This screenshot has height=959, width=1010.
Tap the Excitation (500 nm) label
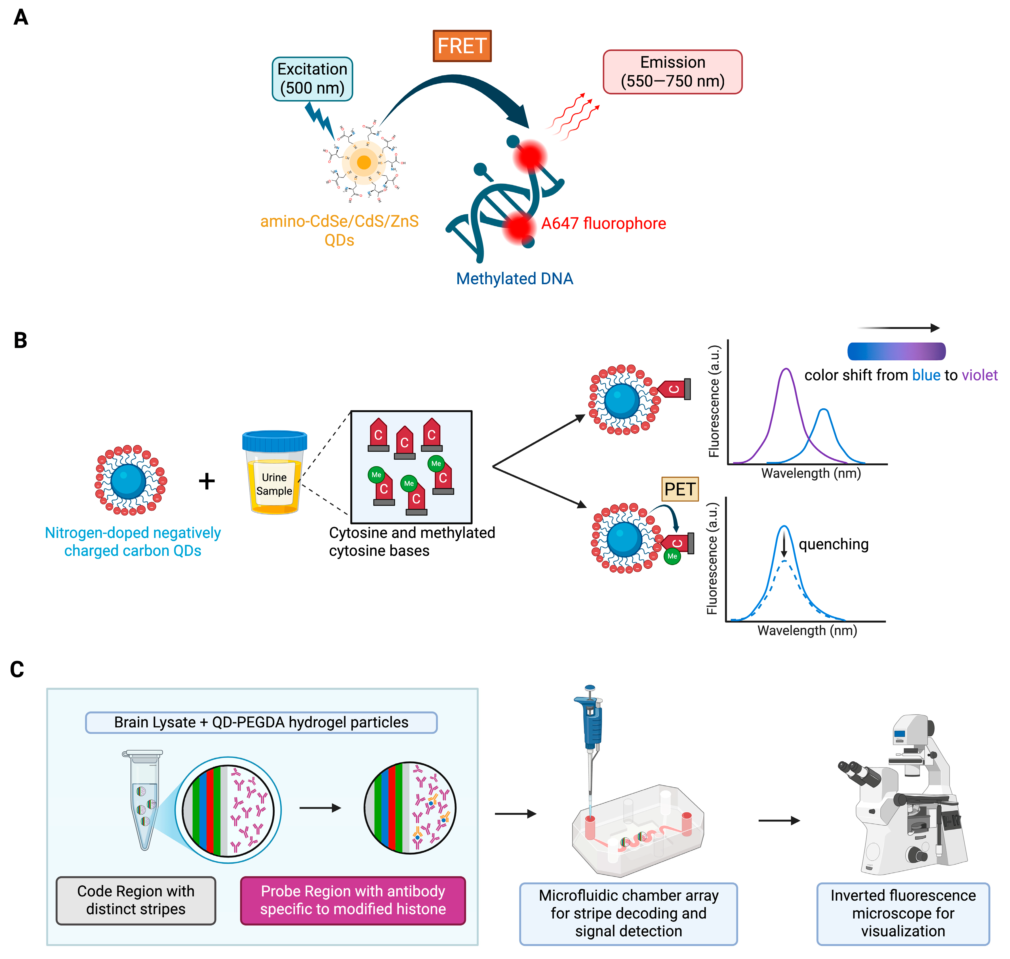[312, 79]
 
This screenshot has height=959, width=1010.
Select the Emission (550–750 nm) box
[672, 71]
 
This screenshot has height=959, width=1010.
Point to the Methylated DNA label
[514, 279]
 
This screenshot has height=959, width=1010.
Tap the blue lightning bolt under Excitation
[320, 120]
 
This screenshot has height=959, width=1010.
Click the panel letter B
[20, 341]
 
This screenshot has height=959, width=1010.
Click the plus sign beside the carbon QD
[207, 481]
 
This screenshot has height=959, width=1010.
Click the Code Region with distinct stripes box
[136, 900]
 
